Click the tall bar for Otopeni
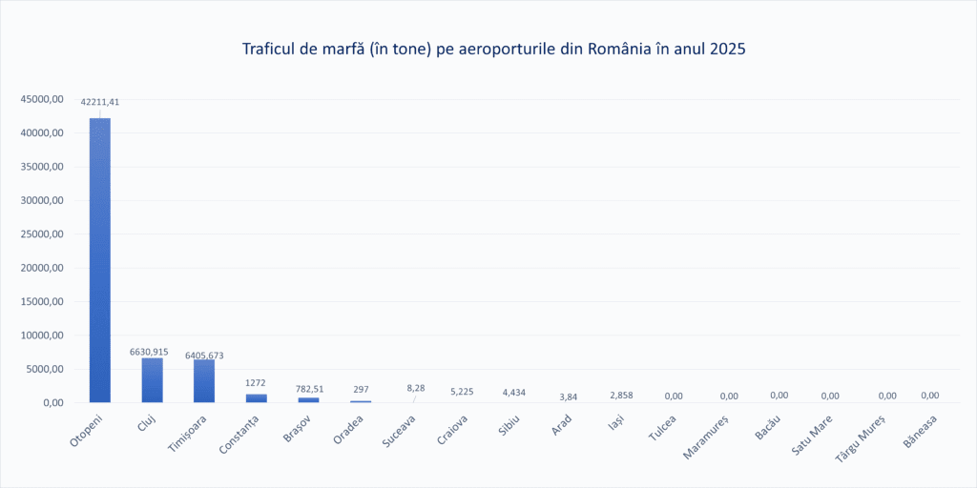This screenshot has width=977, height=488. tap(100, 259)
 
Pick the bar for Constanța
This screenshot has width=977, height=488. tap(256, 397)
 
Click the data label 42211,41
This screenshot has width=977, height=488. tap(99, 101)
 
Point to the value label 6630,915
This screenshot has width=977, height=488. tap(149, 352)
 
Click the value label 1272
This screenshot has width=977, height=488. tap(256, 382)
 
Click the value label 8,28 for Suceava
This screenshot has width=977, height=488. tap(416, 388)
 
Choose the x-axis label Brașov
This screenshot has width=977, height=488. tap(297, 426)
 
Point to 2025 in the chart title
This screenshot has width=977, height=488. tap(726, 48)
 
